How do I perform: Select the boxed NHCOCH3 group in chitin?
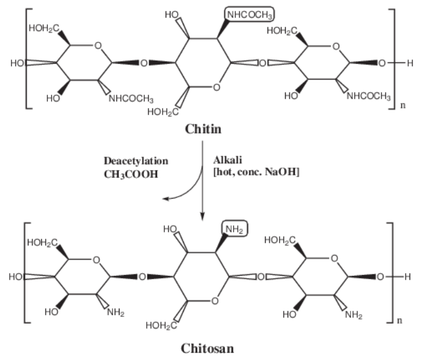tap(248, 13)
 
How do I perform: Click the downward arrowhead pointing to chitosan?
tap(203, 214)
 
